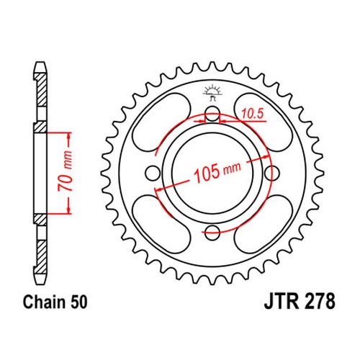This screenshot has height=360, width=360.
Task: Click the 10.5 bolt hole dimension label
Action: [252, 114]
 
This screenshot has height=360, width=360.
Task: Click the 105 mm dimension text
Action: [217, 171]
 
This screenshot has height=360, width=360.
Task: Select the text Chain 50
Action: [55, 302]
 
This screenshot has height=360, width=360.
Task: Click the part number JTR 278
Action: [300, 301]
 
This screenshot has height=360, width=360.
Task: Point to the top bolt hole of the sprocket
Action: [212, 113]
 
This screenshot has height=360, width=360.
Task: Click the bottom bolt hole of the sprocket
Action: [212, 232]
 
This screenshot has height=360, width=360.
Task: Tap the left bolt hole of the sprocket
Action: [153, 172]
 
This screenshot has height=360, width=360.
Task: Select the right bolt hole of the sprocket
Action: [272, 172]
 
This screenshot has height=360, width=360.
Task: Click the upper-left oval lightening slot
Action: [161, 122]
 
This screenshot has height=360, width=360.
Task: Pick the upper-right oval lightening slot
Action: [264, 122]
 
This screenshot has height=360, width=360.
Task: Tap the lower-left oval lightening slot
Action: [161, 224]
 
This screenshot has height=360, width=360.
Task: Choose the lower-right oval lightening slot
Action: [264, 224]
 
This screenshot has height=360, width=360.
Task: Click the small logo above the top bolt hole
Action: [212, 92]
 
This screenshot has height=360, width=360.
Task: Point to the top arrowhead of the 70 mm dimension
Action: [69, 136]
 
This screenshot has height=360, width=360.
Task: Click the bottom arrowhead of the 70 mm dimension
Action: [69, 210]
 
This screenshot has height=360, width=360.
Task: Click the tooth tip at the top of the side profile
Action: [40, 63]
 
